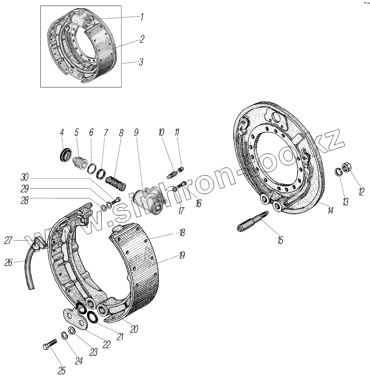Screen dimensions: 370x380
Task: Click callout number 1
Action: click(x=142, y=18)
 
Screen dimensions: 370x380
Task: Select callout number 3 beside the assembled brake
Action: click(x=141, y=62)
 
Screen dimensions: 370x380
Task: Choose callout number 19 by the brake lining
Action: click(x=181, y=256)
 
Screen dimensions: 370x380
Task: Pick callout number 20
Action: click(x=134, y=329)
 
